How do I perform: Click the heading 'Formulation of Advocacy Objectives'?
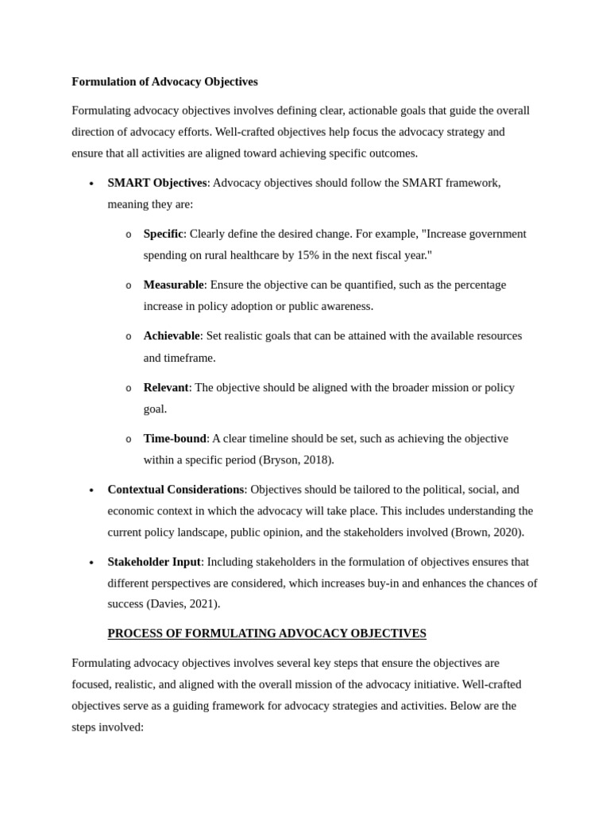click(x=164, y=82)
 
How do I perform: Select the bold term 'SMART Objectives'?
click(x=157, y=183)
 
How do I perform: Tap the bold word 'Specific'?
click(x=163, y=234)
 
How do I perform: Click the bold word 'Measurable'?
click(x=173, y=285)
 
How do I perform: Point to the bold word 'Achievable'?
click(x=172, y=335)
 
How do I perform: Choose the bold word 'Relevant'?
click(x=166, y=387)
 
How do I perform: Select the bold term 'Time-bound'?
click(x=175, y=438)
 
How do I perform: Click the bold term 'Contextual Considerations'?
click(x=176, y=489)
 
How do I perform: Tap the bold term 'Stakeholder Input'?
click(x=154, y=561)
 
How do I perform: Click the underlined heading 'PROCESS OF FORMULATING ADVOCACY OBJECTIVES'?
click(x=267, y=634)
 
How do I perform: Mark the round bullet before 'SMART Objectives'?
click(x=91, y=184)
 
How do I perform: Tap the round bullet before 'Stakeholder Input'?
click(x=91, y=562)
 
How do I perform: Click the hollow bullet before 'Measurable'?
click(x=128, y=285)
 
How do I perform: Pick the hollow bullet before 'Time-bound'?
click(x=128, y=439)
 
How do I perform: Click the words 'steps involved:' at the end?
click(x=107, y=727)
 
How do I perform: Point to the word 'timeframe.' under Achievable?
click(x=189, y=358)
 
